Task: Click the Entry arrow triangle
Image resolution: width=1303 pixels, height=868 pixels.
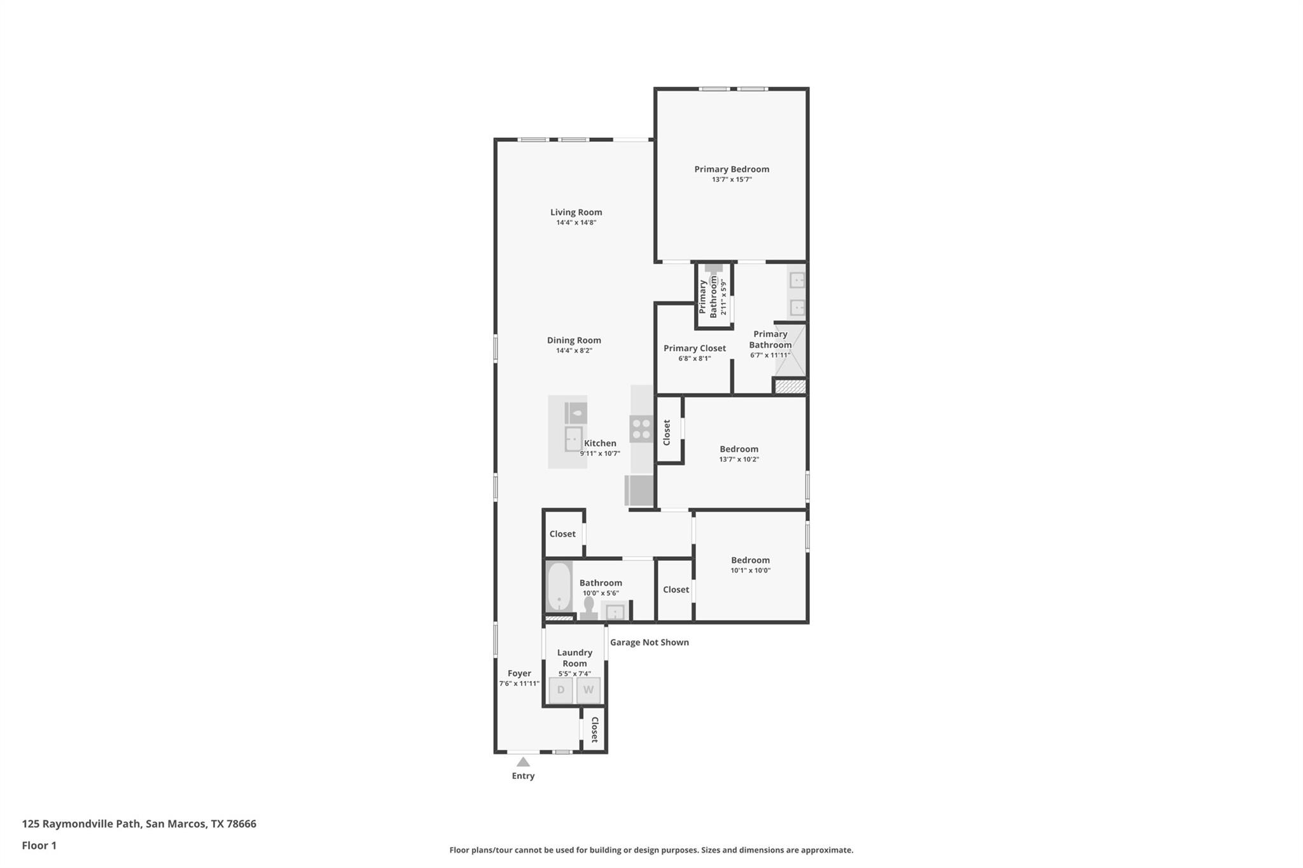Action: pos(523,762)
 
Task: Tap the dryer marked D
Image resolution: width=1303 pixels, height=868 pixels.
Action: pos(561,690)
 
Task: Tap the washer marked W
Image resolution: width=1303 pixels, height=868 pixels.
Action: pos(589,690)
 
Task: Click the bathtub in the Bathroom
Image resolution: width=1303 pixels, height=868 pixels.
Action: pos(559,586)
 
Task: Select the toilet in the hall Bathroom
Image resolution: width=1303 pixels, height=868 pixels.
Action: pos(589,609)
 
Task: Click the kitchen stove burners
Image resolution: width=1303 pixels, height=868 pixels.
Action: pos(641,429)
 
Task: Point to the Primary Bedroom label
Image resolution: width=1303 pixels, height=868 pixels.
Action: pos(732,169)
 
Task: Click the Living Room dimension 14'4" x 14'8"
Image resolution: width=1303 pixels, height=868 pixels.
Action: pos(576,223)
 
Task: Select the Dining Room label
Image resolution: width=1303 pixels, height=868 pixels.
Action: pos(574,340)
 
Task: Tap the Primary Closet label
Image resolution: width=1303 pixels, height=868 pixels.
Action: pos(694,348)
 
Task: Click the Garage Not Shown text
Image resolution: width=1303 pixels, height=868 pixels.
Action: pos(649,642)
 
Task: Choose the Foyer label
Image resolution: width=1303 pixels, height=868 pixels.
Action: pos(519,673)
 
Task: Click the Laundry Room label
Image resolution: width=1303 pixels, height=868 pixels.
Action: pos(575,658)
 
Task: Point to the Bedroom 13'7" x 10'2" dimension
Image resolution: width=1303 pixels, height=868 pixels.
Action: pos(739,459)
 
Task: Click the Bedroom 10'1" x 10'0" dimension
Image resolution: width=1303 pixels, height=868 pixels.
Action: pos(750,570)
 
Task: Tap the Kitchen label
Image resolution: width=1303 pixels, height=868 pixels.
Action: pos(600,443)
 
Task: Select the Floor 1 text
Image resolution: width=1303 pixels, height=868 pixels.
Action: pos(39,845)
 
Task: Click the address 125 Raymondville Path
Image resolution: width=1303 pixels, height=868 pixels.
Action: pos(139,823)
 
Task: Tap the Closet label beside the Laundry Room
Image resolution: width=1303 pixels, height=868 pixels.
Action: pos(594,729)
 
